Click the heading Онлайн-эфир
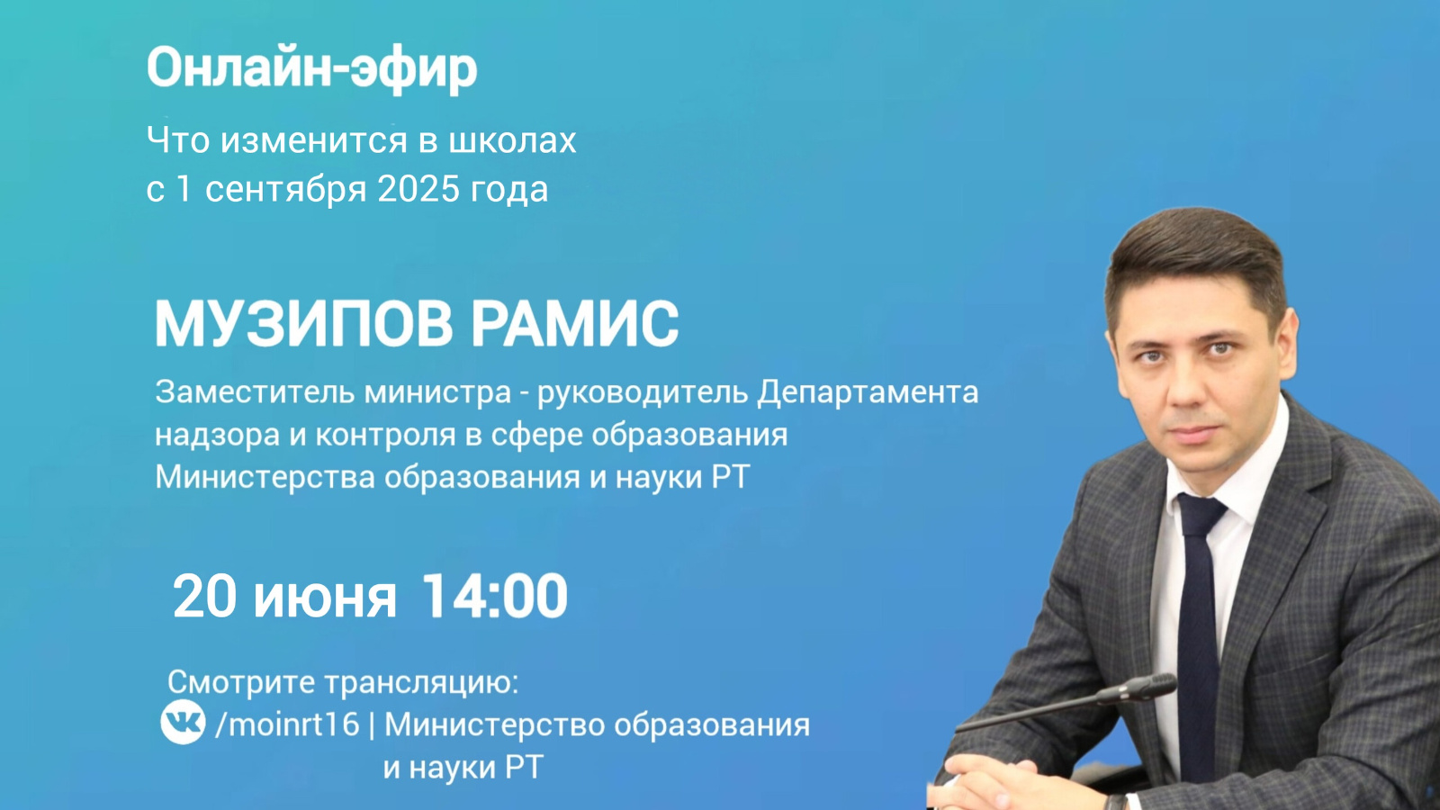(311, 69)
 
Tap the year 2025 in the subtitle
(418, 190)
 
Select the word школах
(512, 140)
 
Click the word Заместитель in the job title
(256, 391)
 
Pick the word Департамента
(868, 393)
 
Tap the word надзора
(217, 436)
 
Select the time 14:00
(494, 597)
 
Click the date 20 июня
(284, 598)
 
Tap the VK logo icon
(184, 721)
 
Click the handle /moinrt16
(287, 725)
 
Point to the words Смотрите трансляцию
(343, 683)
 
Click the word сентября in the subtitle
(286, 190)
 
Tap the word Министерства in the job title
(265, 478)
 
